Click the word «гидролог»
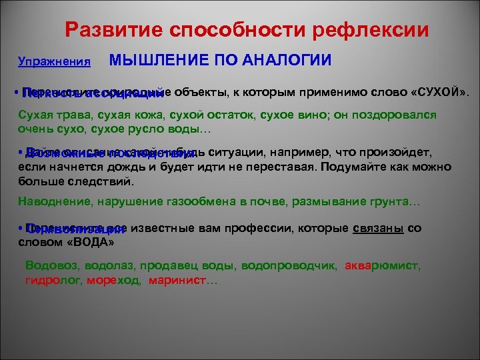pos(51,281)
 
